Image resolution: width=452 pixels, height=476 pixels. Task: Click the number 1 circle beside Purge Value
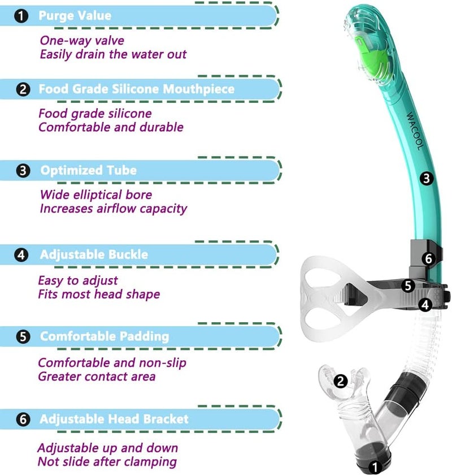(21, 16)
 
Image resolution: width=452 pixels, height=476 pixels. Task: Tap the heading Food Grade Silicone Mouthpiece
(136, 89)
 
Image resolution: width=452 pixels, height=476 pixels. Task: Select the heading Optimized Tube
(88, 170)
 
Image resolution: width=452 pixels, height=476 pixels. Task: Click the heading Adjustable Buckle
(94, 254)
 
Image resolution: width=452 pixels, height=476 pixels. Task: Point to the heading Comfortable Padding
(104, 336)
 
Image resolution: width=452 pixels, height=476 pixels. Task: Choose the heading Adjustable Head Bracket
(114, 419)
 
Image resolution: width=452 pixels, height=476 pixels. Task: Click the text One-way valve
(81, 41)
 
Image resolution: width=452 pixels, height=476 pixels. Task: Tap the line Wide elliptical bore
(95, 195)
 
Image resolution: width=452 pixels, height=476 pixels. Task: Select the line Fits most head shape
(99, 294)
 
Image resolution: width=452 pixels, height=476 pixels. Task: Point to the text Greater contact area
(97, 377)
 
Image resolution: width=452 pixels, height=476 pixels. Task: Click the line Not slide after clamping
(107, 462)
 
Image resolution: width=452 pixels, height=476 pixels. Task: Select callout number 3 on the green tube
(427, 179)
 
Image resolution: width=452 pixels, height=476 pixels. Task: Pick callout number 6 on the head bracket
(428, 259)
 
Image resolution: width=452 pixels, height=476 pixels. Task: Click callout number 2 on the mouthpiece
(340, 381)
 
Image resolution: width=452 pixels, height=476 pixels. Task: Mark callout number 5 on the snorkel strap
(408, 285)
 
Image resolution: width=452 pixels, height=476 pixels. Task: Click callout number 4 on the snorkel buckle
(425, 305)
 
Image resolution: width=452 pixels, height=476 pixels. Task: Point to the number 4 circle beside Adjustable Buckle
(21, 255)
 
